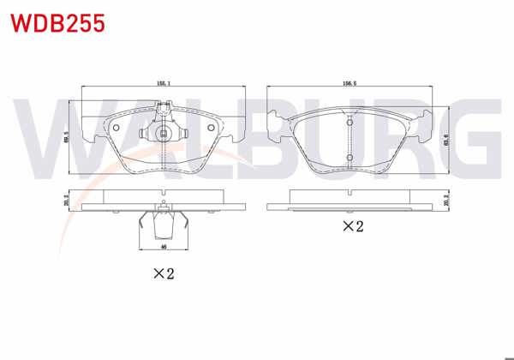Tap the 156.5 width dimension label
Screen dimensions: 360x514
click(x=349, y=84)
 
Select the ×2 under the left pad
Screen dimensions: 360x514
click(x=164, y=274)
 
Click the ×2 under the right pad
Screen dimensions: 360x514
click(x=352, y=226)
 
